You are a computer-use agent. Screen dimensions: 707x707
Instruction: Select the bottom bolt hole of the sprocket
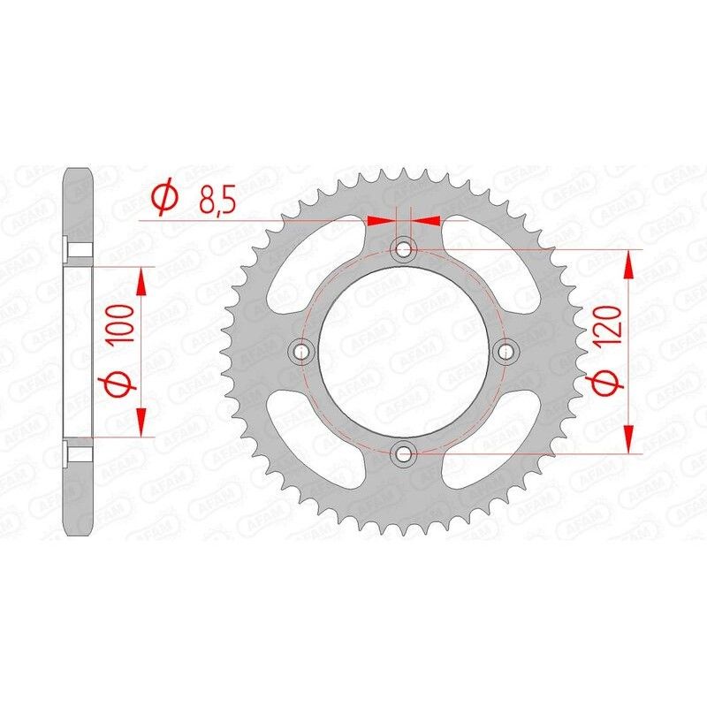click(x=405, y=454)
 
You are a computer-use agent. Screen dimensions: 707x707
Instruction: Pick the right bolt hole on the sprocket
click(x=506, y=353)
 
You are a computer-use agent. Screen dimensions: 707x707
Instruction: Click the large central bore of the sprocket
click(x=405, y=353)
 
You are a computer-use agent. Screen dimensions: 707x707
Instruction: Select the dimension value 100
click(x=121, y=323)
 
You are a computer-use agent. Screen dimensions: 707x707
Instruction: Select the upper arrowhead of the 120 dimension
click(x=629, y=262)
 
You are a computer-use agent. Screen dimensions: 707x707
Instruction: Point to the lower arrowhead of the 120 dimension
click(x=629, y=440)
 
